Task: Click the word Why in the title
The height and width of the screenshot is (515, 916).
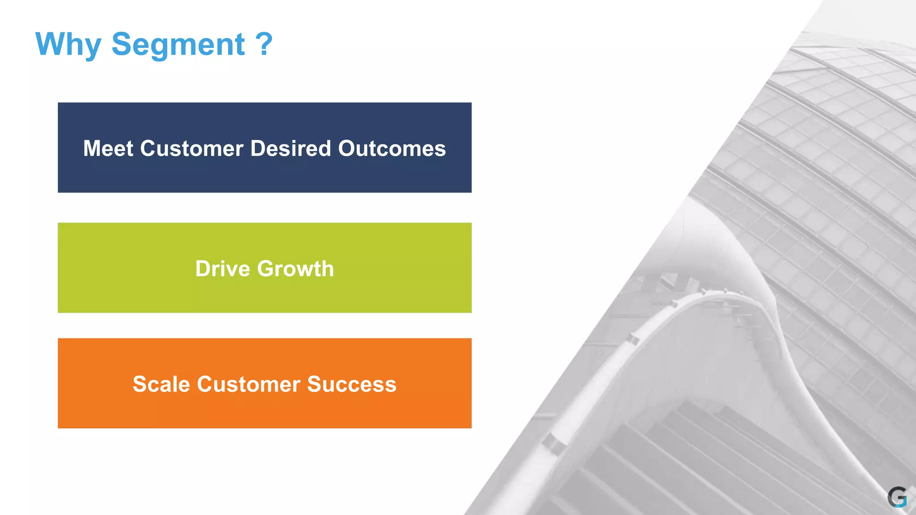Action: tap(68, 45)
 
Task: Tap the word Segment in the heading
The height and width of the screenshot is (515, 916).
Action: tap(178, 45)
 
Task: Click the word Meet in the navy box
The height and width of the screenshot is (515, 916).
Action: tap(108, 148)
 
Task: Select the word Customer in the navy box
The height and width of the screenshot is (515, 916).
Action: tap(191, 148)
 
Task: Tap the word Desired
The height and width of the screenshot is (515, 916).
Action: tap(290, 148)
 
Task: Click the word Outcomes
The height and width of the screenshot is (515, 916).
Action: tap(392, 148)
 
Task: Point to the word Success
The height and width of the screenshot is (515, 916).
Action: tap(352, 384)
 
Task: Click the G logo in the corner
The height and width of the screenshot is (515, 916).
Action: tap(897, 497)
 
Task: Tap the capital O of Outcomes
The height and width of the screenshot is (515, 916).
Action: tap(347, 148)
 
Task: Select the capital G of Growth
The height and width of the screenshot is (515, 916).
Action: tap(267, 269)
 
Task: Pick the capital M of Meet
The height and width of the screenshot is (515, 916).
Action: tap(93, 148)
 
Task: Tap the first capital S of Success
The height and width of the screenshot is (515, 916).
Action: tap(315, 384)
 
